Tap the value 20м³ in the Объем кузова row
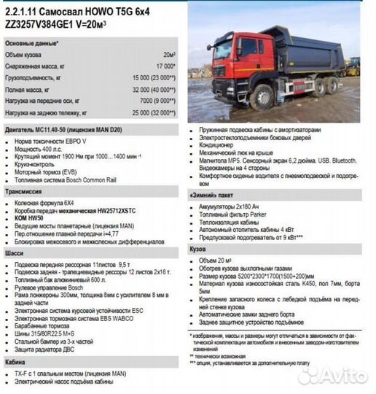pos(169,55)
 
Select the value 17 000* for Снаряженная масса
pos(165,66)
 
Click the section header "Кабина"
pos(16,362)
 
